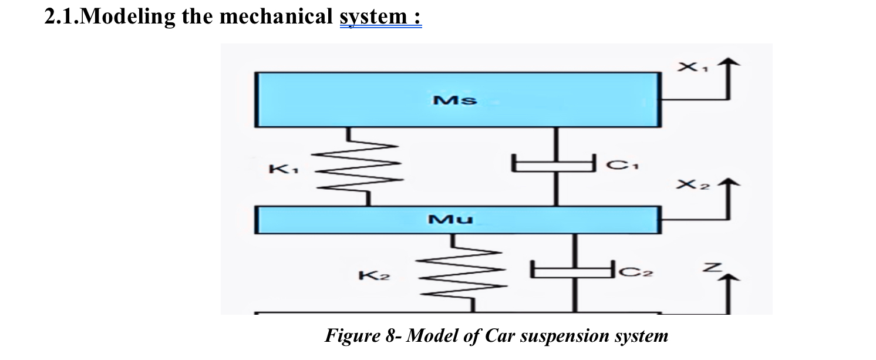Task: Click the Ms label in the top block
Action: click(x=455, y=100)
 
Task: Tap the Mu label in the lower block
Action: click(x=450, y=220)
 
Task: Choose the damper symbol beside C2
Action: click(x=574, y=270)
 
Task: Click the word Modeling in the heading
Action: click(x=127, y=17)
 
